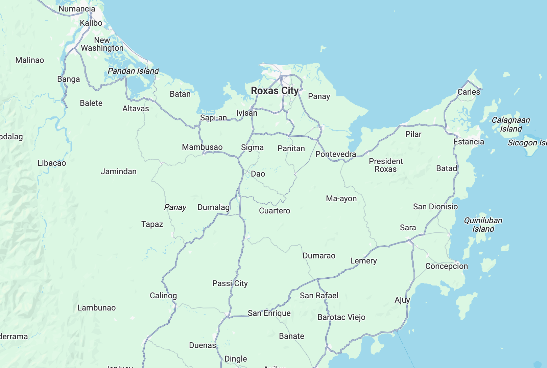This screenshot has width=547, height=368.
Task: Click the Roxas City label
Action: (x=275, y=91)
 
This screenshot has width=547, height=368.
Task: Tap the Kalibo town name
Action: (x=91, y=23)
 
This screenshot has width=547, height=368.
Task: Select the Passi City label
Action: (x=230, y=283)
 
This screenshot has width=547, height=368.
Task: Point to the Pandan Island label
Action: (x=133, y=71)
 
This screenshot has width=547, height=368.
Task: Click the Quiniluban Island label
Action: (x=483, y=225)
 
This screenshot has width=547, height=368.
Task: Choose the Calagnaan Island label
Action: (x=510, y=124)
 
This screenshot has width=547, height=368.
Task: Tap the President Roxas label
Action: (x=386, y=165)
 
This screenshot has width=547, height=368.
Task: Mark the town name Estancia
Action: (x=469, y=142)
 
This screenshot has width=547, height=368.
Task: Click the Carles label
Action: (x=469, y=92)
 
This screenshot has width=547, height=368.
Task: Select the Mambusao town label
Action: (x=202, y=147)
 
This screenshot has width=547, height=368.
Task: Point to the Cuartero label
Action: (x=275, y=211)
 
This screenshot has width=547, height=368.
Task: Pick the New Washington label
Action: (x=102, y=44)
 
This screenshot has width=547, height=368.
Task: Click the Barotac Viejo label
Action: (x=341, y=317)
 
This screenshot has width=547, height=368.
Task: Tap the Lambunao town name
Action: (x=97, y=308)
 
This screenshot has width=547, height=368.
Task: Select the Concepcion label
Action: (x=447, y=266)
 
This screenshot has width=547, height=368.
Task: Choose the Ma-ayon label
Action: (x=341, y=199)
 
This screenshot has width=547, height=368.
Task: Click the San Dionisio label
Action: (x=435, y=207)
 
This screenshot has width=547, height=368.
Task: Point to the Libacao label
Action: (x=52, y=163)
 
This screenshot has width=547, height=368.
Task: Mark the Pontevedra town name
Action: (x=336, y=154)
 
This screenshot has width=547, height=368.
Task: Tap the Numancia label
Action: (x=77, y=9)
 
